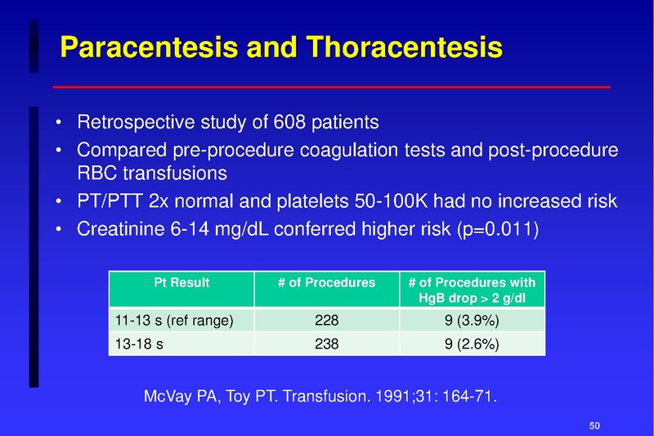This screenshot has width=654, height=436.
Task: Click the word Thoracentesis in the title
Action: click(401, 48)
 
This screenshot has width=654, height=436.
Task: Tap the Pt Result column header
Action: click(181, 283)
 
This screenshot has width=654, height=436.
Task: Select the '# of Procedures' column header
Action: click(326, 283)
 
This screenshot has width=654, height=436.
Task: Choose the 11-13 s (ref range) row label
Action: click(171, 321)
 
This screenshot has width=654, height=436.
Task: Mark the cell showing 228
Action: click(326, 321)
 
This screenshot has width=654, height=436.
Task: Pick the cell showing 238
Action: click(326, 344)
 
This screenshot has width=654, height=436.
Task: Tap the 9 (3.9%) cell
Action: click(473, 321)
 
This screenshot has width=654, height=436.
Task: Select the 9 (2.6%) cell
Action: click(473, 344)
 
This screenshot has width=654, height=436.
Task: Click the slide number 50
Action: click(595, 425)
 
